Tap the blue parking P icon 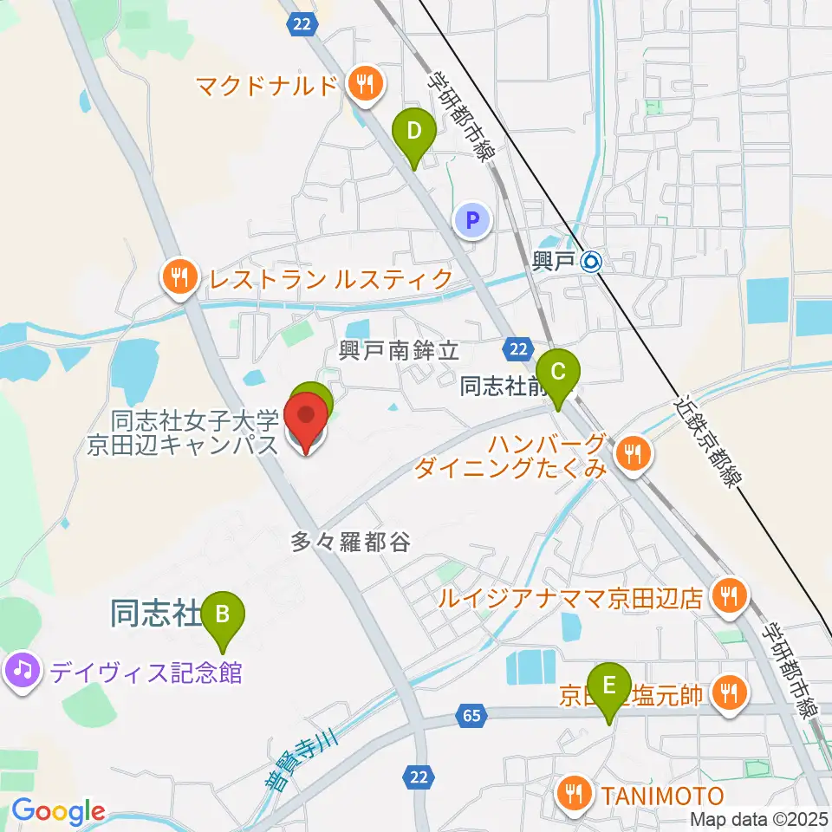472,220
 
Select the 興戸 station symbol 591,260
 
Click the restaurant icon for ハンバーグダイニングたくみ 634,452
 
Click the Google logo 57,811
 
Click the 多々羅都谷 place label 349,543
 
